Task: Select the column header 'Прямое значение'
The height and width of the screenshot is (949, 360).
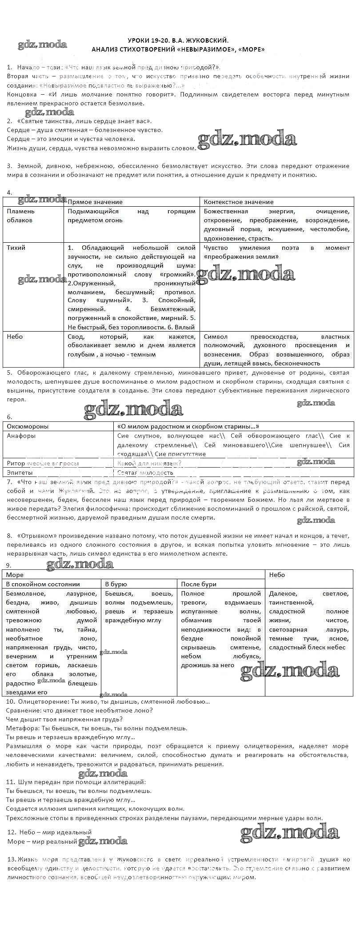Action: click(x=95, y=202)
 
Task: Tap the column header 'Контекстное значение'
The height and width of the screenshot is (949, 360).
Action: click(x=239, y=202)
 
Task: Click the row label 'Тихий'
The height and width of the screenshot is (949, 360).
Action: click(x=16, y=248)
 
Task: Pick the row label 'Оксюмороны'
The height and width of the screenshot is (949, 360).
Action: click(x=28, y=426)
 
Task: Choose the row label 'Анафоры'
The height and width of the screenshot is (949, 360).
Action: click(x=21, y=436)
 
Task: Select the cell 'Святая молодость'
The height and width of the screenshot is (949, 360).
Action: click(x=145, y=472)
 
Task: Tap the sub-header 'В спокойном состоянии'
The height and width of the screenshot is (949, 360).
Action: click(x=43, y=584)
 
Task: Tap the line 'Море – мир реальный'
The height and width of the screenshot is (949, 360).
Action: click(x=43, y=841)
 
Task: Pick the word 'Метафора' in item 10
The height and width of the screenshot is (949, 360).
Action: click(x=23, y=728)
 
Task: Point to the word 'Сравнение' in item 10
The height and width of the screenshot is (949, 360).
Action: click(x=24, y=710)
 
